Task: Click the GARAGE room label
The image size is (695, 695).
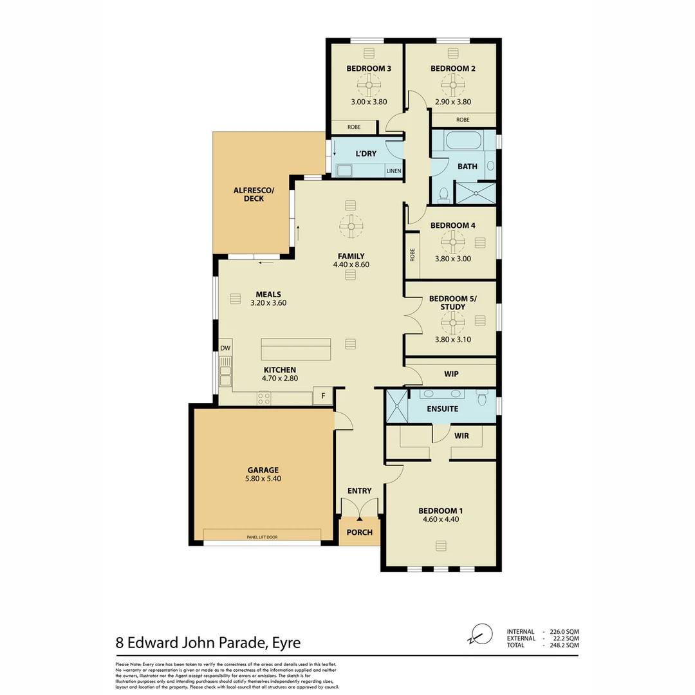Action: (263, 470)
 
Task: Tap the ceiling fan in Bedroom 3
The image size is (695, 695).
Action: (369, 84)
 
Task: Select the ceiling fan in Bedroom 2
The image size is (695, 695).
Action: (452, 84)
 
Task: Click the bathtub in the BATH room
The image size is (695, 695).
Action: (462, 141)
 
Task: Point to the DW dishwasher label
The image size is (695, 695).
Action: (225, 348)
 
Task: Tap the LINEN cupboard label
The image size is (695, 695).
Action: (393, 171)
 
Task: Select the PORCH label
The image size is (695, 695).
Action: (359, 532)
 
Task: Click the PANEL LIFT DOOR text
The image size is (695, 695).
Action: (262, 536)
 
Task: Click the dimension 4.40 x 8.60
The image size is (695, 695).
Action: (351, 264)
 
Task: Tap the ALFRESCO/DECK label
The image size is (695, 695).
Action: (248, 194)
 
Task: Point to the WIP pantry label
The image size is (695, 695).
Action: (451, 374)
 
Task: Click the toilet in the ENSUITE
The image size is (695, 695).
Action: (482, 398)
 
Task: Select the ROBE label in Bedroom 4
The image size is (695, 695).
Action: (412, 254)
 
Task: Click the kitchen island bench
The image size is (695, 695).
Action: (295, 349)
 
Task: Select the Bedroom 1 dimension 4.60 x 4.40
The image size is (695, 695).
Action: (440, 520)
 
